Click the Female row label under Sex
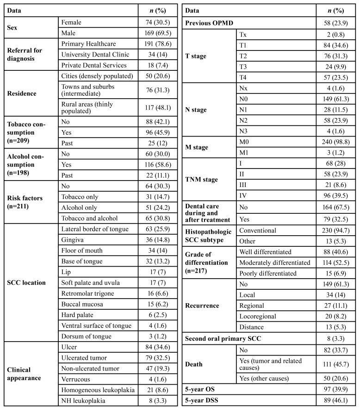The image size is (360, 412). click(73, 22)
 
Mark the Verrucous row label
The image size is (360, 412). click(75, 379)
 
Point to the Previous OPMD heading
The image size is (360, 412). click(209, 22)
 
